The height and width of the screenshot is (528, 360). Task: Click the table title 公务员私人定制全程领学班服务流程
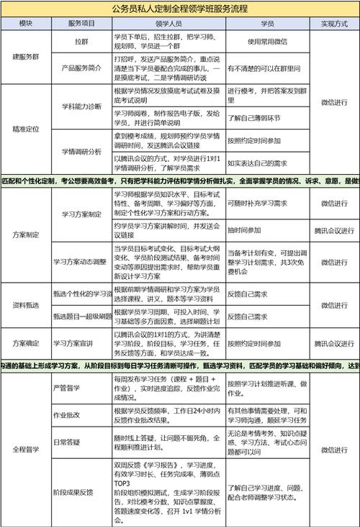point(180,9)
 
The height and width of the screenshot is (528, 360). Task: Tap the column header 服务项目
point(85,24)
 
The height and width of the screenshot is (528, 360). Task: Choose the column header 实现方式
point(333,24)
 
